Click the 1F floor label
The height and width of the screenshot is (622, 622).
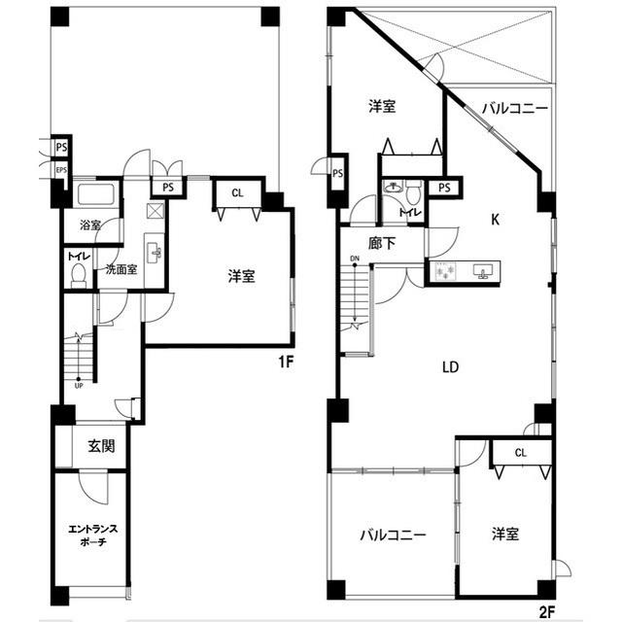[x=286, y=362]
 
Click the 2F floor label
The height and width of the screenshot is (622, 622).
[x=546, y=612]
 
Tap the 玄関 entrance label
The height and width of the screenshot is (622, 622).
[x=101, y=446]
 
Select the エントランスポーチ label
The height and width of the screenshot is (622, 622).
[x=93, y=536]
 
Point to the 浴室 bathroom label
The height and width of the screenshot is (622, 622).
[x=90, y=225]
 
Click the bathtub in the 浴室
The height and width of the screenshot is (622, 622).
[x=96, y=194]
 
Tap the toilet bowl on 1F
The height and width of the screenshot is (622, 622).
[x=79, y=274]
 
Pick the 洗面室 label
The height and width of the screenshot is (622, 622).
[x=121, y=269]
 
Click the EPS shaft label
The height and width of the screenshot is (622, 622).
[x=61, y=170]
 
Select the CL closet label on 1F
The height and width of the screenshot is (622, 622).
[x=237, y=193]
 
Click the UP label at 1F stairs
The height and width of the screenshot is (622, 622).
[x=79, y=386]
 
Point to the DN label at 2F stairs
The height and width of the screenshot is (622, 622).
[x=355, y=259]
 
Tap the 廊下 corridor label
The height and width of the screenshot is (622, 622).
[x=382, y=243]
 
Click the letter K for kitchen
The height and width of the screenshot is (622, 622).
[x=495, y=220]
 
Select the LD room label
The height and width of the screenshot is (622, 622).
[x=451, y=367]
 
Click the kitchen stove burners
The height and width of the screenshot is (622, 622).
[x=445, y=271]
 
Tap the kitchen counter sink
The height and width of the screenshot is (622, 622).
[x=483, y=271]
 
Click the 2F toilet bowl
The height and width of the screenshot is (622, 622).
[x=413, y=192]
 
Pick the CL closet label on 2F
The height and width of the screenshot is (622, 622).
[x=521, y=453]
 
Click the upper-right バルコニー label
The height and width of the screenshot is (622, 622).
[x=515, y=108]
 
